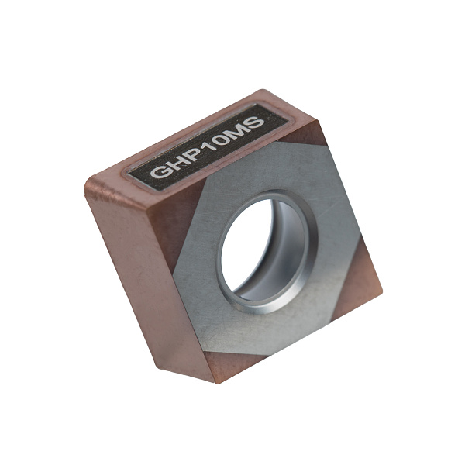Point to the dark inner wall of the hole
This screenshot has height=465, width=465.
[x=284, y=246]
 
